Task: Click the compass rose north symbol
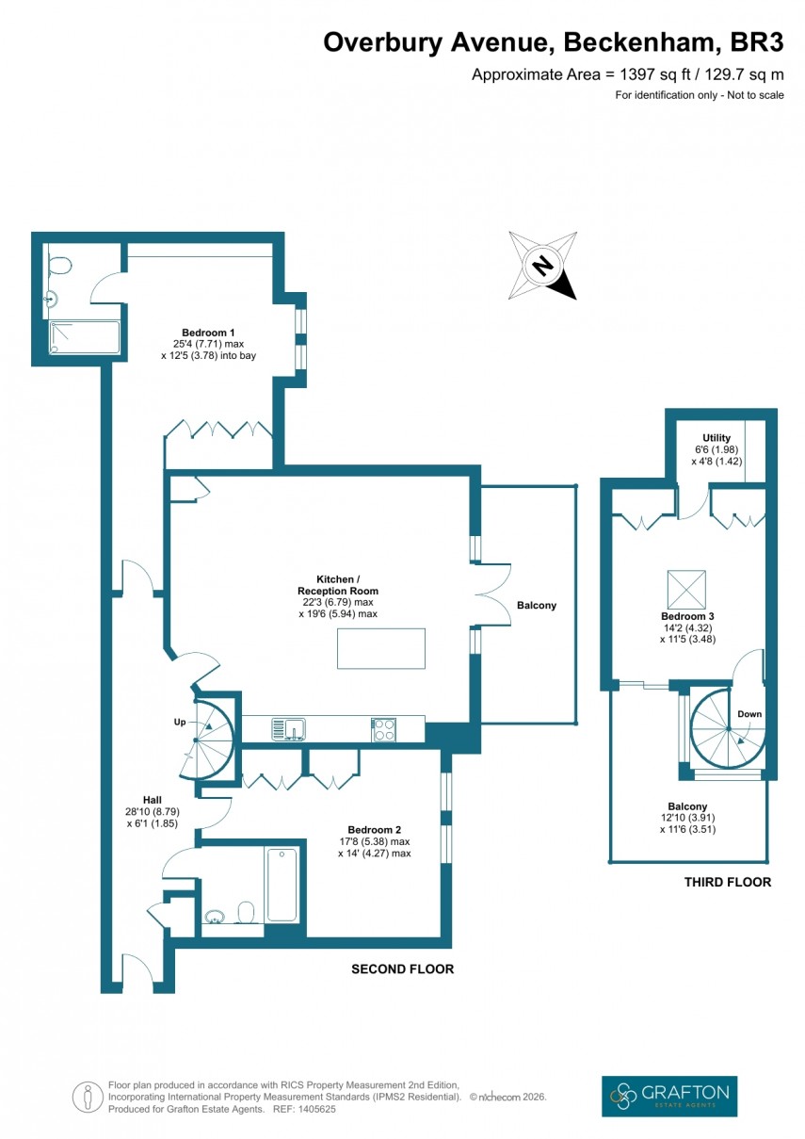click(542, 266)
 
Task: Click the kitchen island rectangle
click(380, 648)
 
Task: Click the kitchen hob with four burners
click(383, 729)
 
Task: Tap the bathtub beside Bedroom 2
click(282, 886)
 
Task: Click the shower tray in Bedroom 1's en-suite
click(85, 337)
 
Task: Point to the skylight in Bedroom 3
click(687, 590)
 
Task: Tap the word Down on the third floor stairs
click(749, 714)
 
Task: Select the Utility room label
click(691, 438)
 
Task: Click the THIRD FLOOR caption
click(729, 883)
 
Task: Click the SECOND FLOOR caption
click(402, 968)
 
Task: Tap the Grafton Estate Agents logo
click(668, 1097)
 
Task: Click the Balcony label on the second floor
click(536, 606)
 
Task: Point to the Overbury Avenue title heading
click(553, 42)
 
